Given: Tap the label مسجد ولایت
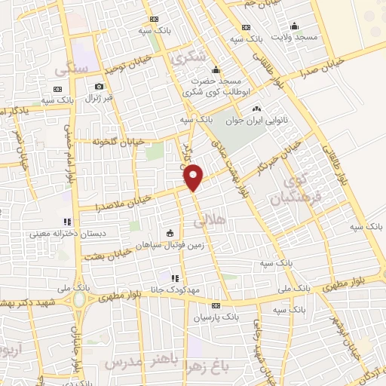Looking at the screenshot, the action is point(295,37).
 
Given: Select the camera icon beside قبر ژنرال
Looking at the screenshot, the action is point(99,87).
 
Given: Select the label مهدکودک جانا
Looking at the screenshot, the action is point(174,290).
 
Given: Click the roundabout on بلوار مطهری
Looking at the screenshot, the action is point(80,299).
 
